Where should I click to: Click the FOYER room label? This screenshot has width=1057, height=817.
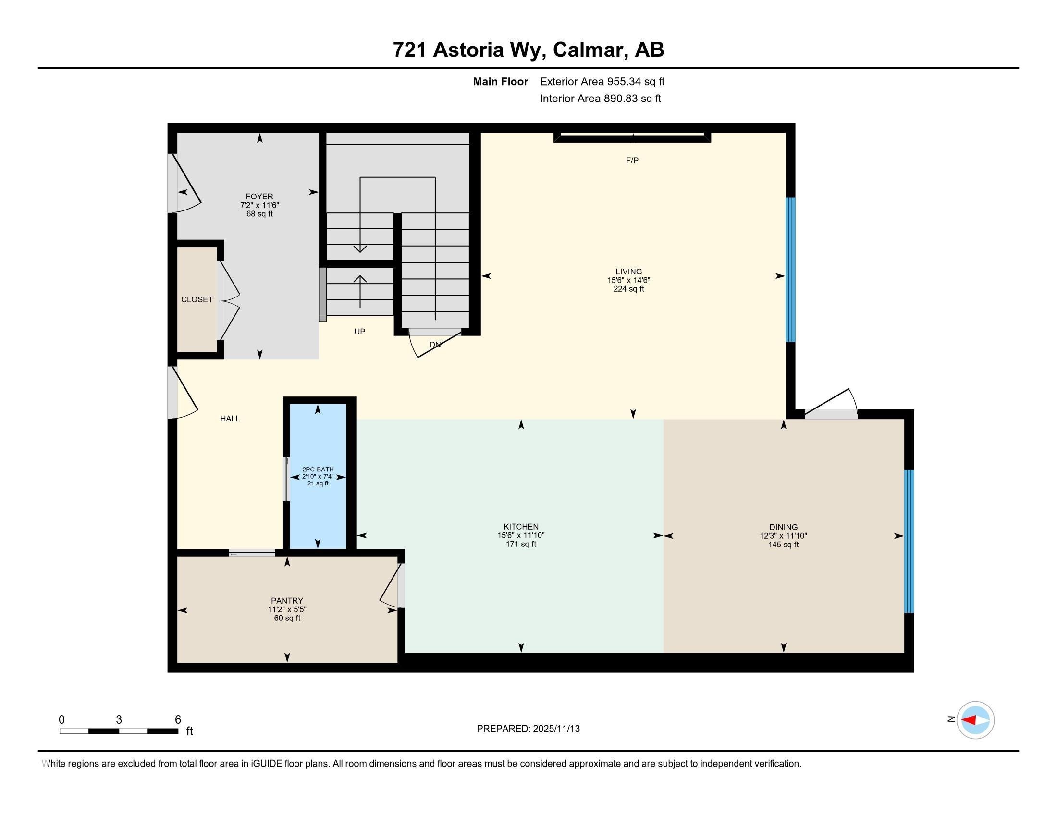[259, 197]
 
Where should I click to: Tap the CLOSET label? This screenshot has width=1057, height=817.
[197, 299]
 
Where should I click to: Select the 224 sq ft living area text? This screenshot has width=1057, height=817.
[629, 289]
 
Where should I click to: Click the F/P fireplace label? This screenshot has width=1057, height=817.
[632, 161]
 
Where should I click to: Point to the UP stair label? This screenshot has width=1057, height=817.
[359, 332]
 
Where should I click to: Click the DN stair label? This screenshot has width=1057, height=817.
[435, 345]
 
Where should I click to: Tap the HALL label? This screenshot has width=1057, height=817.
[230, 419]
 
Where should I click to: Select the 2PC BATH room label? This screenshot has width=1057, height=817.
[318, 469]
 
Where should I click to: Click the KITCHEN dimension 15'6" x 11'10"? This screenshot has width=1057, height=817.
[521, 535]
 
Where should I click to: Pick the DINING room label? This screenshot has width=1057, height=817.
[783, 527]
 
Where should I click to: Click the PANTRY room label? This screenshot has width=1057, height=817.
[287, 601]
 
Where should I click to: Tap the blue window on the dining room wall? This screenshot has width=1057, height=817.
[909, 541]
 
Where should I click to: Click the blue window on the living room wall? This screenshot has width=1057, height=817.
[790, 270]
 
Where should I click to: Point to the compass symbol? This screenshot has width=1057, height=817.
[975, 720]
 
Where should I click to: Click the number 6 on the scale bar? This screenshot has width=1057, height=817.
[178, 720]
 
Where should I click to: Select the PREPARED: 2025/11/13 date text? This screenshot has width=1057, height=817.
[528, 729]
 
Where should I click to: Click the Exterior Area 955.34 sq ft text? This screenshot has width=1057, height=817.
[602, 82]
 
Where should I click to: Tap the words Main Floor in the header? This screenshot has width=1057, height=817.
[500, 82]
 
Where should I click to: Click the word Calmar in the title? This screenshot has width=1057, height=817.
[587, 50]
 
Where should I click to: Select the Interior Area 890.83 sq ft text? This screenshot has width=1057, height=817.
[600, 99]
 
